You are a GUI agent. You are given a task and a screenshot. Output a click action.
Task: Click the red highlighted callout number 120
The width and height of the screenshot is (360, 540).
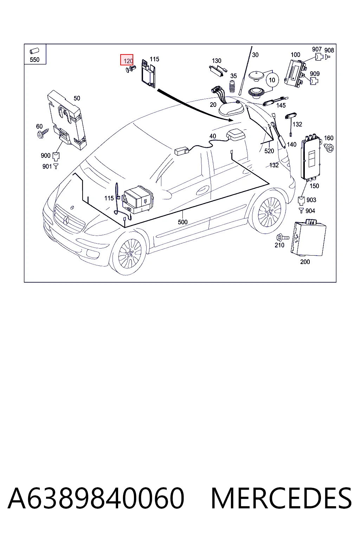pyautogui.click(x=127, y=60)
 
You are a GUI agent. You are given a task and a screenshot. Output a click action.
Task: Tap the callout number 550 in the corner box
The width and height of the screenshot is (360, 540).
pyautogui.click(x=34, y=59)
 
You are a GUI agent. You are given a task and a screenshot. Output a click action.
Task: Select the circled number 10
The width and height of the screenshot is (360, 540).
pyautogui.click(x=272, y=80)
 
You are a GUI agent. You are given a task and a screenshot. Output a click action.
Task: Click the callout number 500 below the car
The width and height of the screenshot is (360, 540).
pyautogui.click(x=182, y=222)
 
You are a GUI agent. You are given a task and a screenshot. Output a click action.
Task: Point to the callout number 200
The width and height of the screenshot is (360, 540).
pyautogui.click(x=305, y=262)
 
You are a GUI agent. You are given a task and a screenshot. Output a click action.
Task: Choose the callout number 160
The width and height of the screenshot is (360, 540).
pyautogui.click(x=329, y=138)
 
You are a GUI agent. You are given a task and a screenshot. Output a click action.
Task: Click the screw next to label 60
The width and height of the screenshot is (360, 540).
pyautogui.click(x=43, y=133)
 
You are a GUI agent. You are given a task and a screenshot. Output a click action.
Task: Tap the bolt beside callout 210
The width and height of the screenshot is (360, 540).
pyautogui.click(x=283, y=238)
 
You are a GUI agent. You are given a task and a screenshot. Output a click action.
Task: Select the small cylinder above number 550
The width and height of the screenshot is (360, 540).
pyautogui.click(x=34, y=51)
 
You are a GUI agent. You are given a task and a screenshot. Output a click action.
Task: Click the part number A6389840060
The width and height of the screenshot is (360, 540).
pyautogui.click(x=96, y=498)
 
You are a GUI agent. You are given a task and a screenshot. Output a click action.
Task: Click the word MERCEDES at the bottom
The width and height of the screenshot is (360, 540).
pyautogui.click(x=281, y=498)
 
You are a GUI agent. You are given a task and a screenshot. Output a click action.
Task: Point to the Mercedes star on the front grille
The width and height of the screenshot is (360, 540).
pyautogui.click(x=66, y=220)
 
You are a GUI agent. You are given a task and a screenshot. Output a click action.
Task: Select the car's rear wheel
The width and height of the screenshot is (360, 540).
pyautogui.click(x=269, y=212)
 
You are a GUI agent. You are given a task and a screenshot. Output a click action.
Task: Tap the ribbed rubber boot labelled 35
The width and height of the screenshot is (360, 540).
pyautogui.click(x=232, y=86)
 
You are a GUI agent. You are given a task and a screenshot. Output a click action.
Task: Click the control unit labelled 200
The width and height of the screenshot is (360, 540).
pyautogui.click(x=308, y=238)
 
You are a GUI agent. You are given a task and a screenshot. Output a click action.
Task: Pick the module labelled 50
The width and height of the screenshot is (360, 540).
pyautogui.click(x=67, y=119)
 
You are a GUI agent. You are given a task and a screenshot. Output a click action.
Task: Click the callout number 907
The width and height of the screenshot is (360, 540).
pyautogui.click(x=317, y=49)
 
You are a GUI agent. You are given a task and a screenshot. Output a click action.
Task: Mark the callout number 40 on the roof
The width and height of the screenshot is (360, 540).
pyautogui.click(x=213, y=136)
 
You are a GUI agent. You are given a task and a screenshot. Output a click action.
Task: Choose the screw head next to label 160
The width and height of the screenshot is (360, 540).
pyautogui.click(x=329, y=148)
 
